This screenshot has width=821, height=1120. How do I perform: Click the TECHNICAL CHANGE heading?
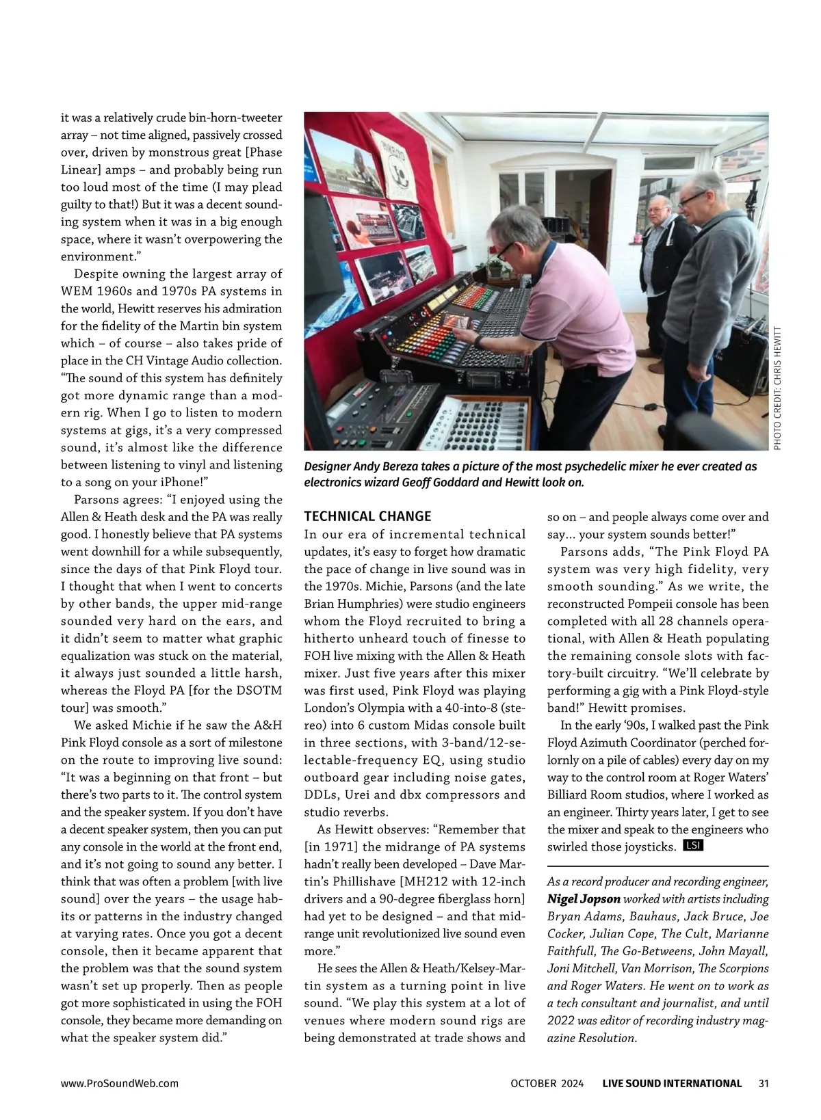[x=367, y=516]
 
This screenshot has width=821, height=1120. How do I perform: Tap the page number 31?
[x=764, y=1083]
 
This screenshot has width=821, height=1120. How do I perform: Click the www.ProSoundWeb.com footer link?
[x=120, y=1083]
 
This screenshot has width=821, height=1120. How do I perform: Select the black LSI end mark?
[x=693, y=846]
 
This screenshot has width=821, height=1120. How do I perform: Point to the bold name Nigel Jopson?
[x=584, y=899]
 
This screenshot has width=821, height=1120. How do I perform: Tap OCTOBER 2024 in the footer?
[x=547, y=1083]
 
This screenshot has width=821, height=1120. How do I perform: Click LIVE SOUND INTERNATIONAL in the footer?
[x=672, y=1083]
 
